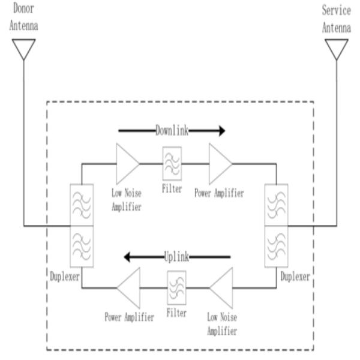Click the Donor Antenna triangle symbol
point(24,48)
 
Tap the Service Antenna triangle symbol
point(337,48)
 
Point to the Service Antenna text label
point(337,19)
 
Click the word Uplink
point(176,257)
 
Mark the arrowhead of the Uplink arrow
point(128,257)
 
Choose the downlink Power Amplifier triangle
point(220,163)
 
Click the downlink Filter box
point(172,164)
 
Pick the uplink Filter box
point(176,288)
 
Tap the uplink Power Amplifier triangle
point(130,289)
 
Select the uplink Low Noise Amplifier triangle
point(222,289)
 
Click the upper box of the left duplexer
point(81,205)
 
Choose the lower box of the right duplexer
point(276,247)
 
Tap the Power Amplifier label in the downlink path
point(219,193)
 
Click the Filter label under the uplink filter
point(176,313)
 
